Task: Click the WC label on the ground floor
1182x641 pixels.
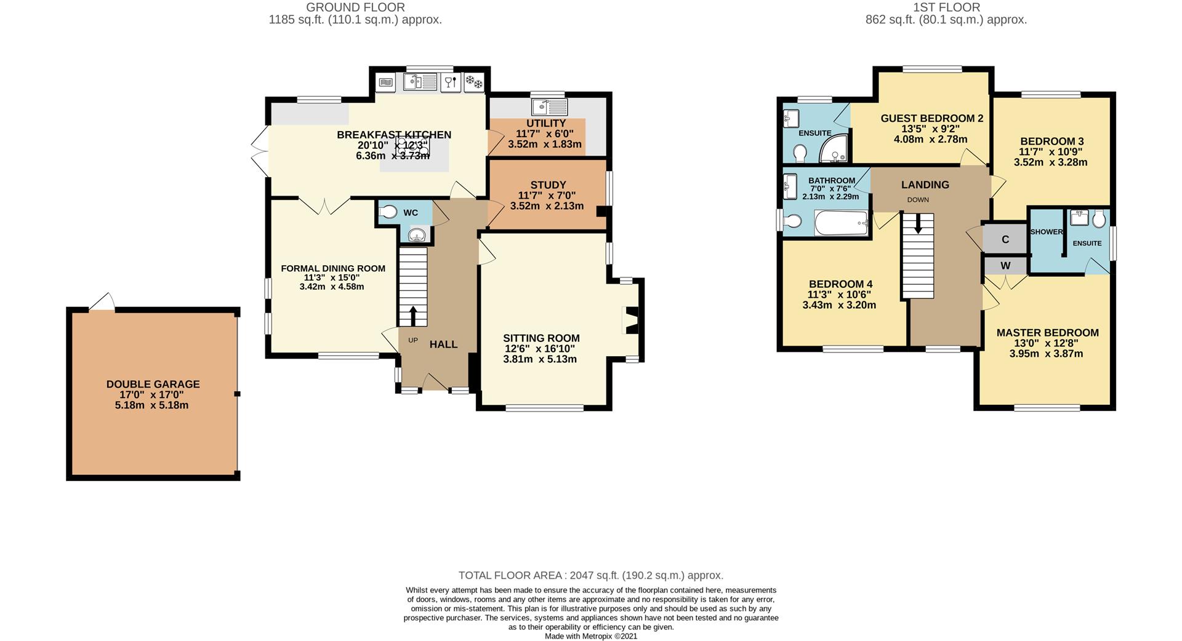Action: point(411,213)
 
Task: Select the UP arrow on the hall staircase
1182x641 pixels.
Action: point(412,316)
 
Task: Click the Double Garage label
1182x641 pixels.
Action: point(153,384)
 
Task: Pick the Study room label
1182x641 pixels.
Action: point(548,185)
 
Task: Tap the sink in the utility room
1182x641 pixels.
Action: point(549,107)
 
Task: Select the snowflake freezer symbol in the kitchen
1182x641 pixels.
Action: point(474,81)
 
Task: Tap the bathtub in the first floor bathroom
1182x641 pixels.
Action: point(841,223)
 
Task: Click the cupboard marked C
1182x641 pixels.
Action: point(1005,239)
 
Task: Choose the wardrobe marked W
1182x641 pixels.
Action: point(1005,266)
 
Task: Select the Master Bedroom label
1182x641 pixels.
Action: point(1047,333)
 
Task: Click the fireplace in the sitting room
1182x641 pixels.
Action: point(630,320)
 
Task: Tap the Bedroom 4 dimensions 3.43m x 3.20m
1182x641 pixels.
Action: point(839,305)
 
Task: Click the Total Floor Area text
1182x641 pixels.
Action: point(591,576)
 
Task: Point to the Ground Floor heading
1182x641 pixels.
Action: point(355,7)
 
